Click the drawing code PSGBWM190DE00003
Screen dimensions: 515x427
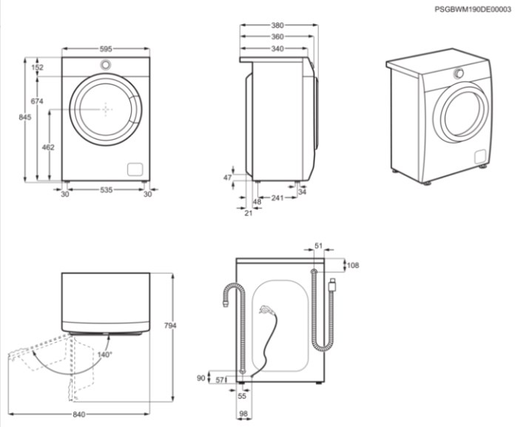pyautogui.click(x=473, y=9)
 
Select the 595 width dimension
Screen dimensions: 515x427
pyautogui.click(x=106, y=49)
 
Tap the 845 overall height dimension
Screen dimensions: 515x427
pyautogui.click(x=25, y=117)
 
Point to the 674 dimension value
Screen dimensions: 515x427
pyautogui.click(x=37, y=101)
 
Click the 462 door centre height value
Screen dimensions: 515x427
pyautogui.click(x=48, y=147)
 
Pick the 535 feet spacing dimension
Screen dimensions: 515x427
pyautogui.click(x=106, y=190)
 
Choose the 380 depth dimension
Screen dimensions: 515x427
pyautogui.click(x=277, y=25)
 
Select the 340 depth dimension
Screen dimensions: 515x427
pyautogui.click(x=277, y=49)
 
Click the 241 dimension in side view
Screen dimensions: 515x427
pyautogui.click(x=277, y=198)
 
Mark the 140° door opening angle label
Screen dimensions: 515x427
pyautogui.click(x=105, y=354)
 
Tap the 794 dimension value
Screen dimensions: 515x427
pyautogui.click(x=170, y=325)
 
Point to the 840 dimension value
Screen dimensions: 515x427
pyautogui.click(x=79, y=414)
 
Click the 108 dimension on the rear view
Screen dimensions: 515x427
pyautogui.click(x=353, y=265)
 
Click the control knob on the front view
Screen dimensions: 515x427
pyautogui.click(x=105, y=64)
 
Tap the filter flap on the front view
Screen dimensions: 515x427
pyautogui.click(x=135, y=169)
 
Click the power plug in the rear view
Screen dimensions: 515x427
pyautogui.click(x=333, y=284)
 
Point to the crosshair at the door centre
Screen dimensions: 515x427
pyautogui.click(x=105, y=109)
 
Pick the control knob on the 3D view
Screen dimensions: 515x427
pyautogui.click(x=460, y=73)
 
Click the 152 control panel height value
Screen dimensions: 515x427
pyautogui.click(x=38, y=67)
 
